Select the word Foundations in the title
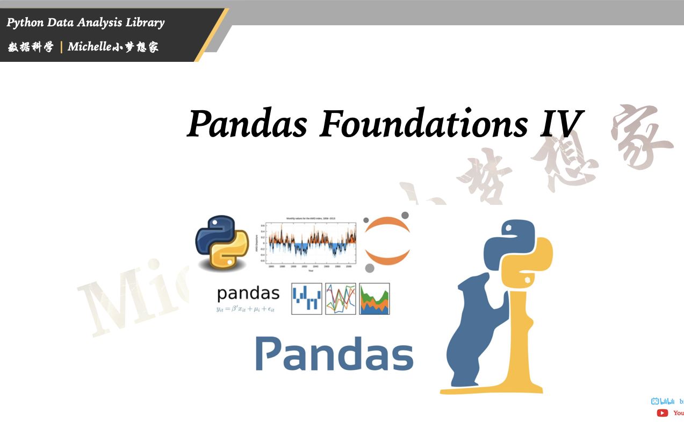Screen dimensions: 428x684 point(424,124)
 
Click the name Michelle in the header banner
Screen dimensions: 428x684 point(89,47)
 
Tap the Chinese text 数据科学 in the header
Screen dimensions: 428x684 point(31,47)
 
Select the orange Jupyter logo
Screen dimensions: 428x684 point(387,241)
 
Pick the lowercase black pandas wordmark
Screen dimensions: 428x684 point(248,294)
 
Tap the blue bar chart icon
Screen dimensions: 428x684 point(306,298)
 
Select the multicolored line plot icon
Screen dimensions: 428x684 point(340,298)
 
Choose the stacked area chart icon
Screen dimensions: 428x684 point(374,298)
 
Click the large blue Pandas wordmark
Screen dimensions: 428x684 point(334,353)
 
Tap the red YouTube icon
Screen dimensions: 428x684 point(663,413)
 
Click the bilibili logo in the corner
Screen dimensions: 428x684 point(663,401)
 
